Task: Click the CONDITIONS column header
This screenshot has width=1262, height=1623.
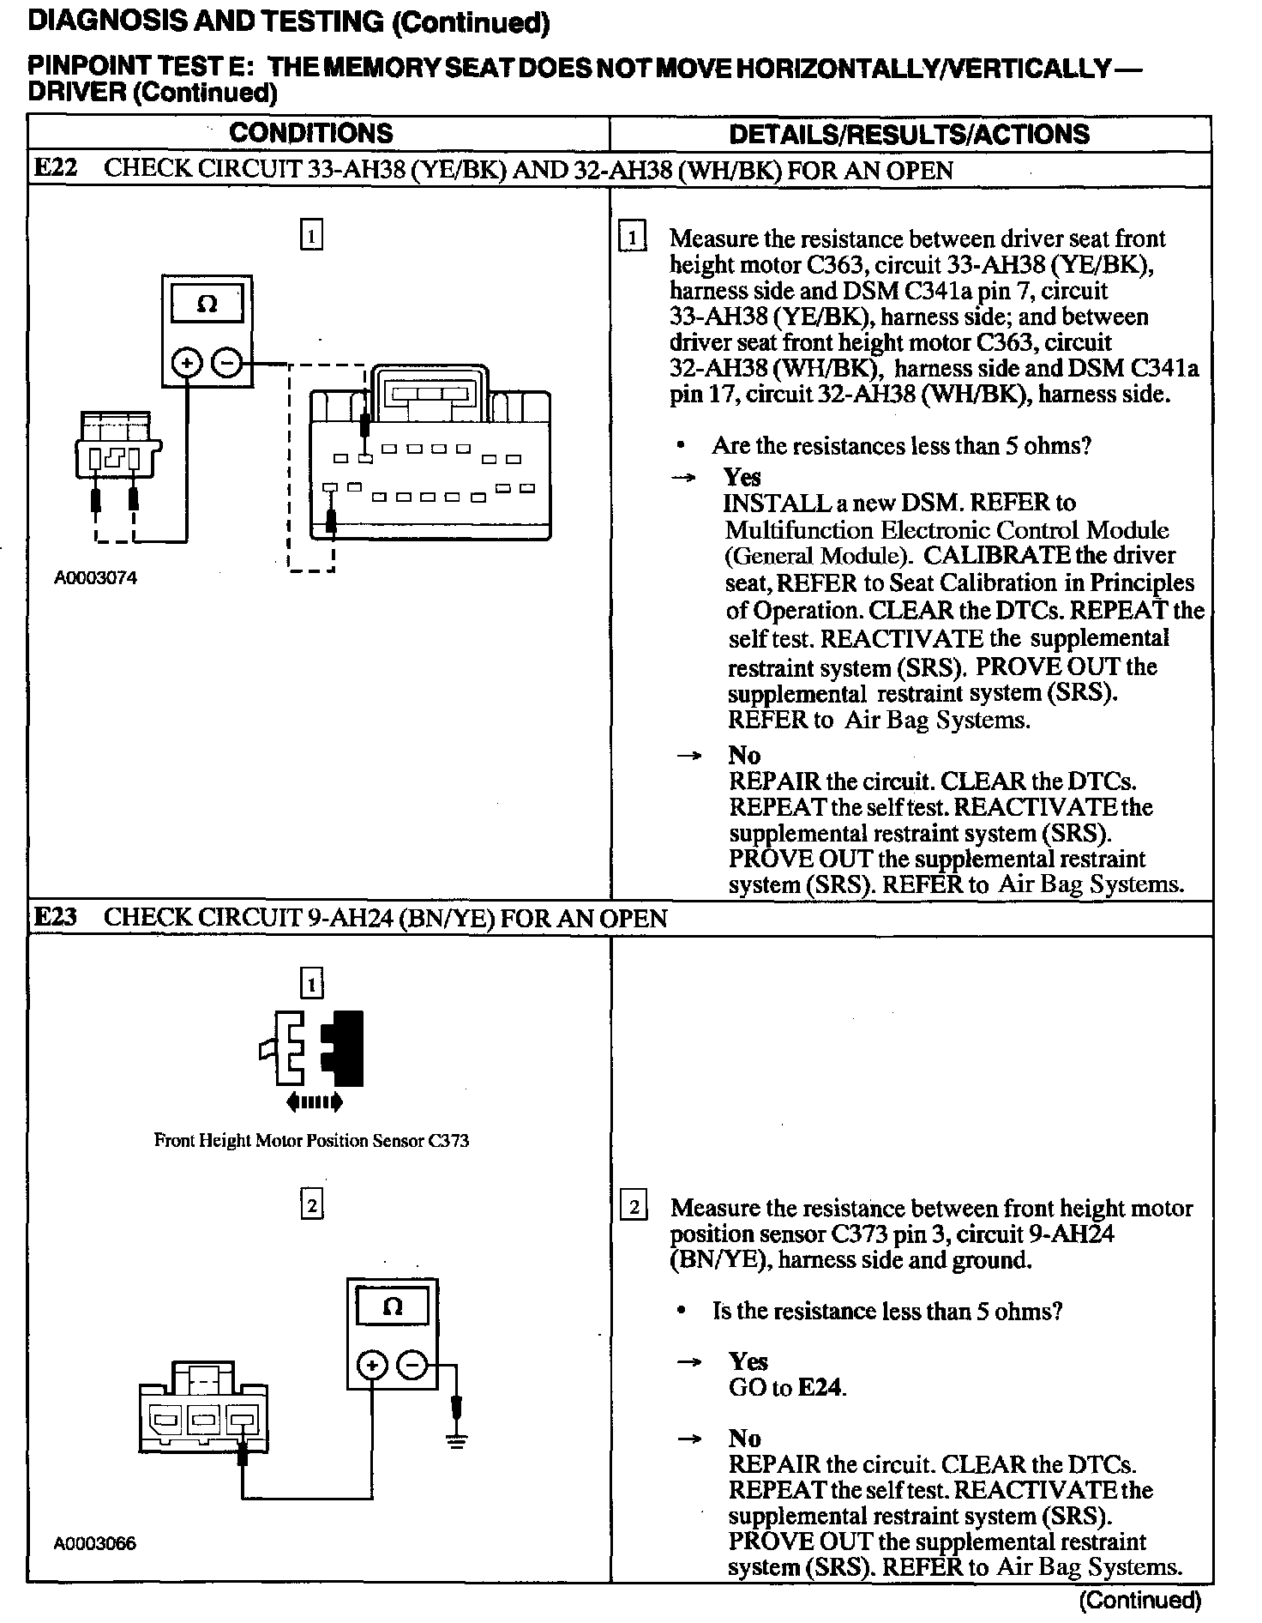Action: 310,133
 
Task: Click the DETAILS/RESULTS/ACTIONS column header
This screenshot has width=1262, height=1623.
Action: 908,134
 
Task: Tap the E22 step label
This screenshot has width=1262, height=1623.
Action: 55,168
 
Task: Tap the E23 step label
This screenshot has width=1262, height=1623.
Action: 55,917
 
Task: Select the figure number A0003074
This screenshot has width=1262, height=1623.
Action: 95,578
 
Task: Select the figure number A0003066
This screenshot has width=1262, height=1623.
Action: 94,1544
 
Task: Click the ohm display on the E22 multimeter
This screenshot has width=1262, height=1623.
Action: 207,305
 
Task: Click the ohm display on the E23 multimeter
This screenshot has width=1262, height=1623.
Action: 392,1307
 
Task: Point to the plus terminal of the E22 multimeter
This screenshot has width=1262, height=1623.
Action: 186,363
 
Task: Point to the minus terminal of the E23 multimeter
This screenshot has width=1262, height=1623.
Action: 412,1365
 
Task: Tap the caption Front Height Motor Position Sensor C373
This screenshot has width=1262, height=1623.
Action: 311,1141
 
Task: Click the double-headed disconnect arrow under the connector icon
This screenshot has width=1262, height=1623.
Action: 315,1101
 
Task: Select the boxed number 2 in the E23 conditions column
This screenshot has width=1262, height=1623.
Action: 311,1206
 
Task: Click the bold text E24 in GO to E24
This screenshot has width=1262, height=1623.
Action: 820,1387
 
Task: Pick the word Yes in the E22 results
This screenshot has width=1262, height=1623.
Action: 742,477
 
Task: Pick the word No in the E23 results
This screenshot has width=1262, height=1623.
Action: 744,1439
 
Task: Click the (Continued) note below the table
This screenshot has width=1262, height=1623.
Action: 1140,1600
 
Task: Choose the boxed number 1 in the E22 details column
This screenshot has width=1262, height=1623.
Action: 633,238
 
